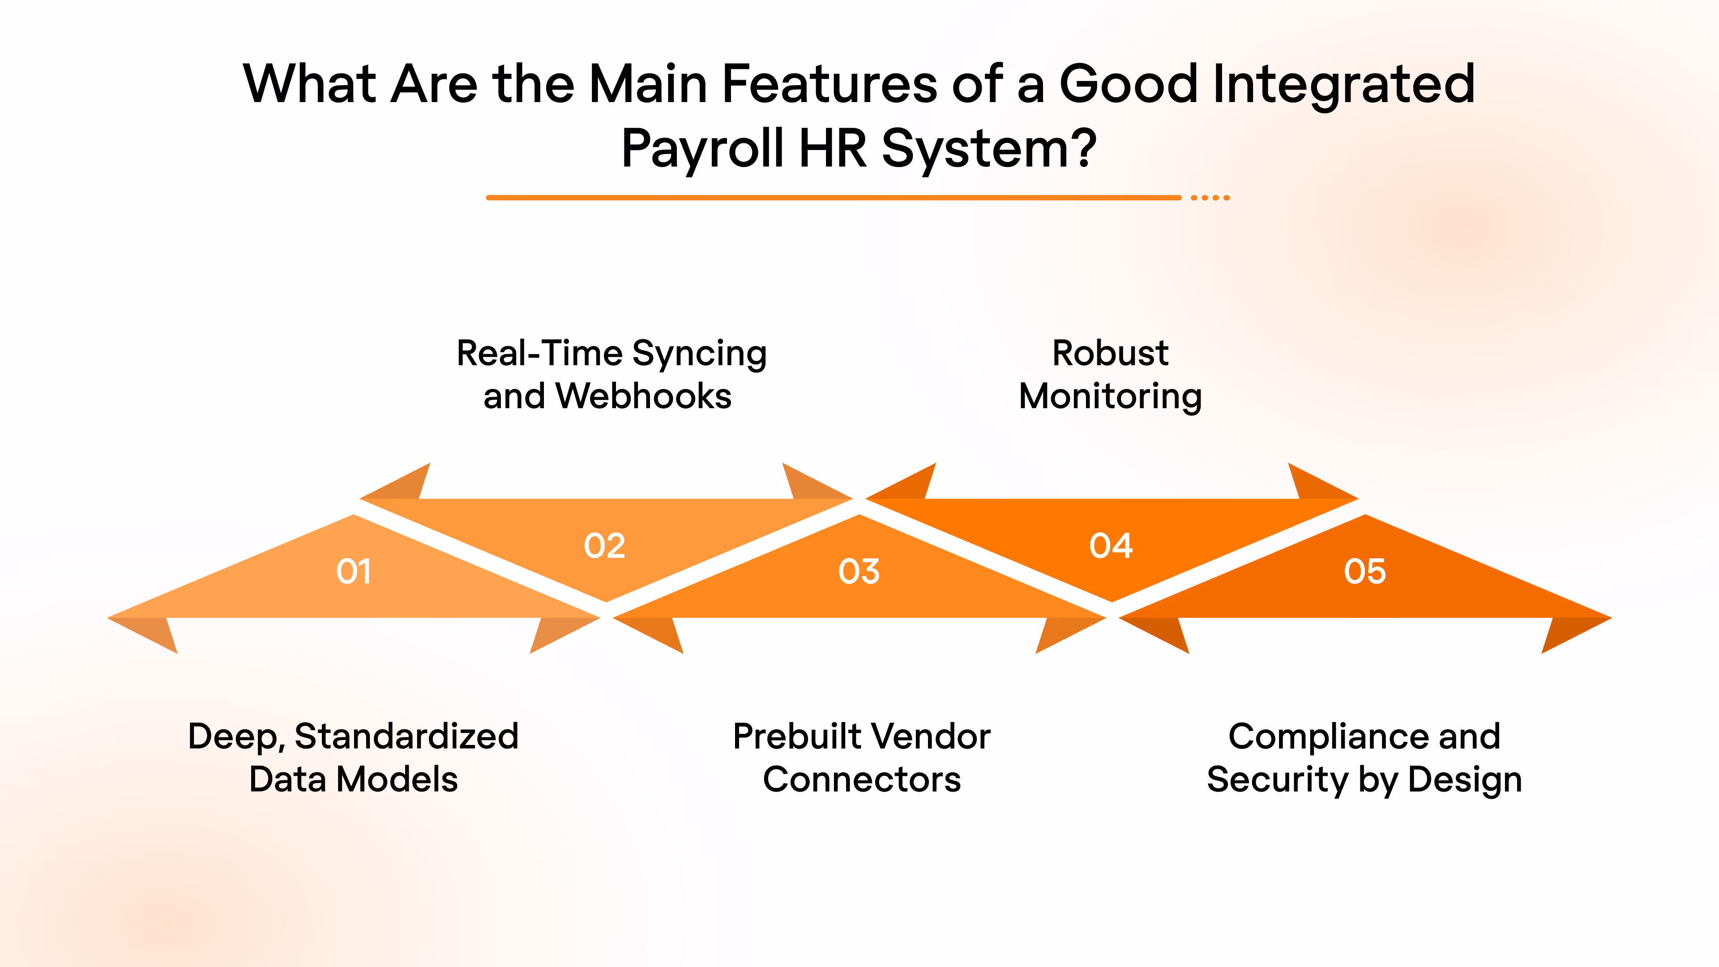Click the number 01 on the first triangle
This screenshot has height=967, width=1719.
click(x=353, y=571)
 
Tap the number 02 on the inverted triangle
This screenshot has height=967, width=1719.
click(x=605, y=546)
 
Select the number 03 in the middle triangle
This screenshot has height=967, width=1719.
click(x=859, y=571)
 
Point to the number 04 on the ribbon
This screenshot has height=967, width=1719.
click(x=1111, y=546)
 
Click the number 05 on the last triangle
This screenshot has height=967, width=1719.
click(x=1364, y=571)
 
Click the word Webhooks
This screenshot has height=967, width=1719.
click(x=644, y=396)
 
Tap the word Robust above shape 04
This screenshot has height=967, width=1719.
click(x=1110, y=353)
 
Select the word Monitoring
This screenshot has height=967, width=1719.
click(x=1110, y=396)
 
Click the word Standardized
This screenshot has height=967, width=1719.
click(x=406, y=737)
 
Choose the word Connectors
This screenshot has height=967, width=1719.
click(x=861, y=779)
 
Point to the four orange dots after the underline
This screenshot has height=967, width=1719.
click(x=1210, y=197)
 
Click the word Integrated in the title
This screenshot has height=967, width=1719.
click(x=1343, y=84)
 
